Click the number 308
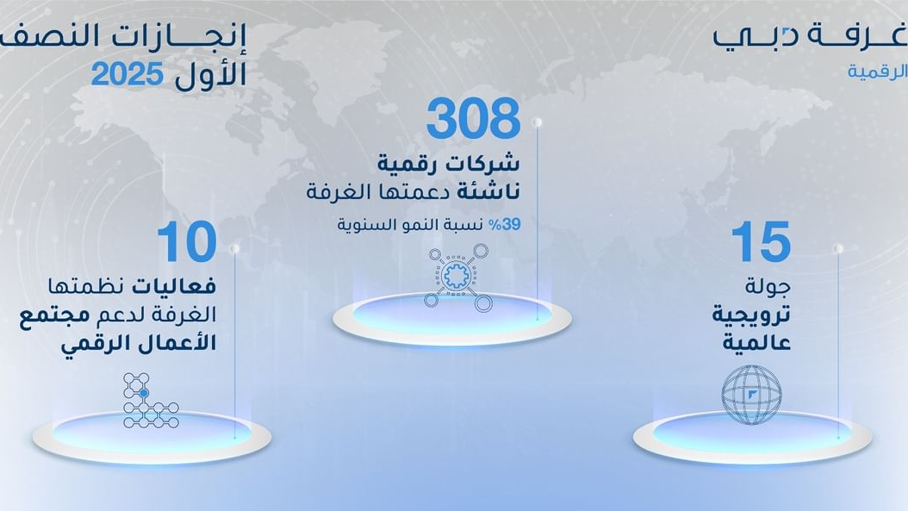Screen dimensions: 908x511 (x=474, y=119)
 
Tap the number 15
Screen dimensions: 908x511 (x=761, y=241)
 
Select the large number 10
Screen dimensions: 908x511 (x=186, y=241)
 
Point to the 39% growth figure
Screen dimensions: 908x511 (x=504, y=225)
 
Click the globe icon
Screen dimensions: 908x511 (x=752, y=394)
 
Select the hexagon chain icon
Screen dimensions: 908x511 (x=151, y=401)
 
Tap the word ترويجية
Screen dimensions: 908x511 (x=752, y=315)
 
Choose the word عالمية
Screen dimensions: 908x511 (x=757, y=343)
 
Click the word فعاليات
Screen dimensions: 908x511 (x=174, y=285)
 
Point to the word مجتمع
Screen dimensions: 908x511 (x=55, y=315)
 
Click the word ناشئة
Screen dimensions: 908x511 (x=488, y=191)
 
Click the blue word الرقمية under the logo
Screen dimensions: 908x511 (x=877, y=72)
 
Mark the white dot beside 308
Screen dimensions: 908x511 (x=538, y=122)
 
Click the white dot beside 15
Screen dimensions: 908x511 (x=838, y=248)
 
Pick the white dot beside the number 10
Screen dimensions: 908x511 (x=234, y=248)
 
